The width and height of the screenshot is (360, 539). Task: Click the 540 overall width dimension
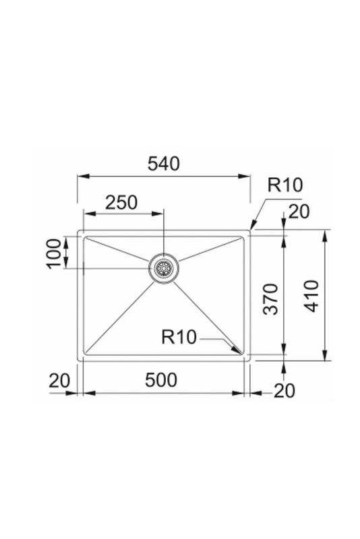pos(164,164)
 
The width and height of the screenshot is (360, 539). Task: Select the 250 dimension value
pos(121,202)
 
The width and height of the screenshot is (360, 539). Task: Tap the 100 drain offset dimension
pos(54,253)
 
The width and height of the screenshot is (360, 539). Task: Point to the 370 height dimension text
pos(269,300)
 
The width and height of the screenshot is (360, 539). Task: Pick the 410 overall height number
pos(311,296)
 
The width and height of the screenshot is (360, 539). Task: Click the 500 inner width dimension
pos(161,380)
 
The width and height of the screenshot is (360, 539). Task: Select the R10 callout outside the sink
pos(285,185)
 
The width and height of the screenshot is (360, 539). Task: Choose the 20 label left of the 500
pos(59,381)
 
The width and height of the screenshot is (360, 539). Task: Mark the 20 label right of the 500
pos(284,390)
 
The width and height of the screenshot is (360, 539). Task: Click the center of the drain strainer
pos(163,268)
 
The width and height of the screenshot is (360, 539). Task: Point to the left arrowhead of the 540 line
pos(81,177)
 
